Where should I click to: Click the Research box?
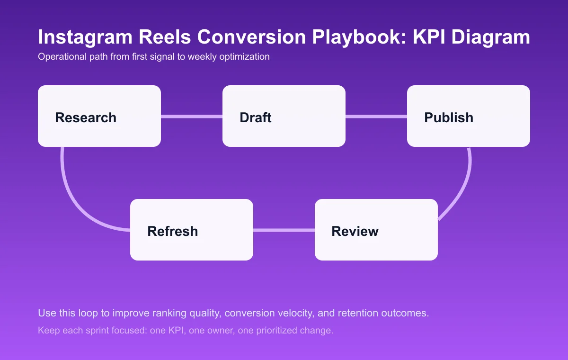(99, 116)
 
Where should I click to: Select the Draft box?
(284, 116)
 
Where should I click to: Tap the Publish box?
(469, 116)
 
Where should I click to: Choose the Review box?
(376, 230)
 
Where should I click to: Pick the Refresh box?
(192, 230)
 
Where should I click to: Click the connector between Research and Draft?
(192, 116)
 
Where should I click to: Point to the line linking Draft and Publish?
(376, 116)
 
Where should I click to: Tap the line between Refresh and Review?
(284, 230)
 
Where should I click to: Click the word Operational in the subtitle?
(60, 57)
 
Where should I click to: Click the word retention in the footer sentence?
(367, 314)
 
